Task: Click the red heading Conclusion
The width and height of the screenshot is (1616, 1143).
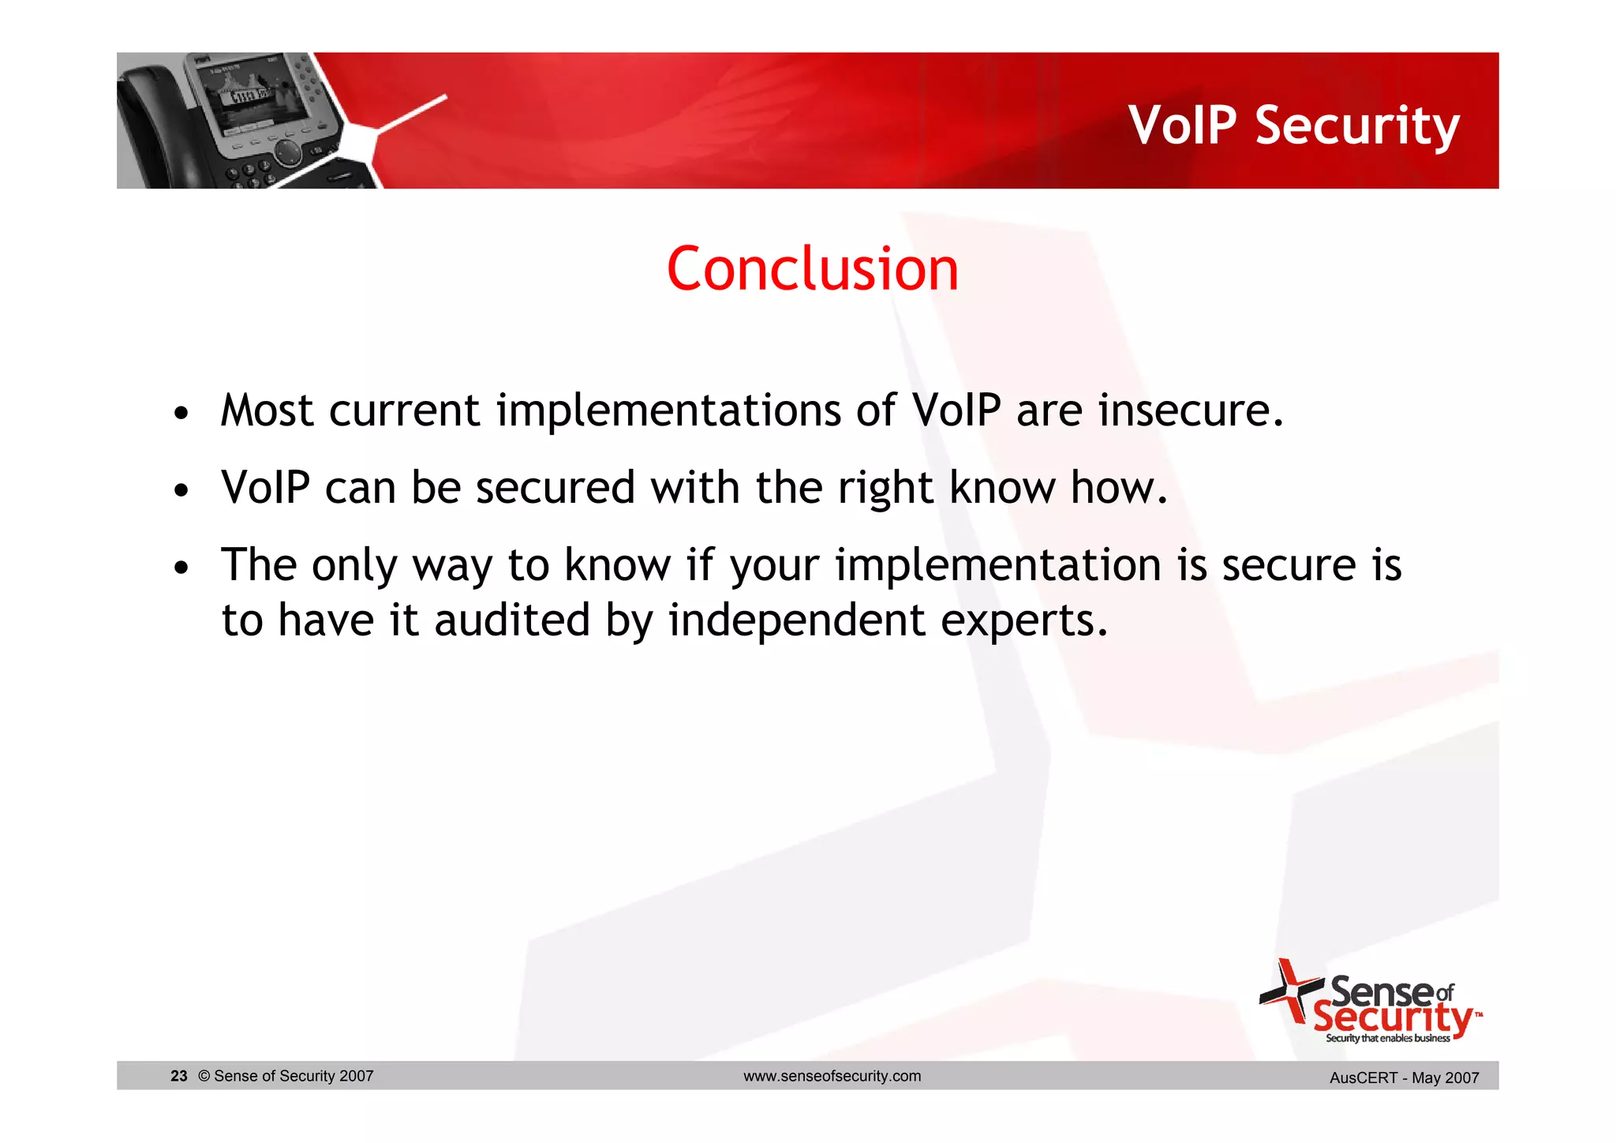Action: (x=812, y=269)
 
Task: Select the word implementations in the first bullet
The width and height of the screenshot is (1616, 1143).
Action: (x=668, y=410)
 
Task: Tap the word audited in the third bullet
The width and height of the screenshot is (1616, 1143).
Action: (x=511, y=620)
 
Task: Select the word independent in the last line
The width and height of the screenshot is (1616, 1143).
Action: (x=796, y=620)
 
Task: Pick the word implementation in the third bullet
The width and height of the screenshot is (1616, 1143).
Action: (x=997, y=565)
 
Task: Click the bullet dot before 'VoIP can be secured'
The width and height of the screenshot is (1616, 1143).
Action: (x=181, y=490)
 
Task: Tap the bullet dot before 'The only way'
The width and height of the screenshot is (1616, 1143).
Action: (x=181, y=568)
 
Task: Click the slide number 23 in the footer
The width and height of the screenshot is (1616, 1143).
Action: (x=179, y=1076)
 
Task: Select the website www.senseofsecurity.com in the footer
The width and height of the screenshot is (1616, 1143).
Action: (x=832, y=1076)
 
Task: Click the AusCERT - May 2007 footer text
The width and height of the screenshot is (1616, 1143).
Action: (x=1404, y=1077)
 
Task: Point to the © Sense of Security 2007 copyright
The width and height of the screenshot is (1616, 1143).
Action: (x=286, y=1076)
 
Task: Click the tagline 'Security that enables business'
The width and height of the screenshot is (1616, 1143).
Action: (x=1387, y=1038)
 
